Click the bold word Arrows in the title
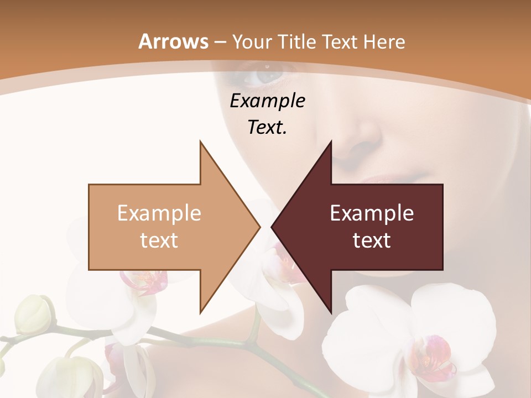tap(173, 41)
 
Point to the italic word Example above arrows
tap(267, 101)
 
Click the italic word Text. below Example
tap(267, 127)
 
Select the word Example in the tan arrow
tap(159, 213)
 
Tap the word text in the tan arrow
tap(159, 240)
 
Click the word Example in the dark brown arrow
tap(372, 213)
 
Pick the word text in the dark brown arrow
tap(372, 240)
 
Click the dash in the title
tap(220, 42)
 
